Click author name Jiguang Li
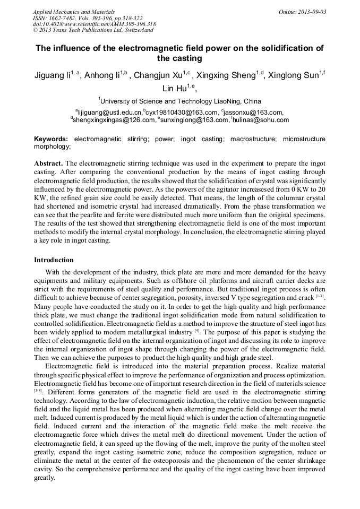click(x=51, y=76)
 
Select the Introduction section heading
click(x=54, y=260)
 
